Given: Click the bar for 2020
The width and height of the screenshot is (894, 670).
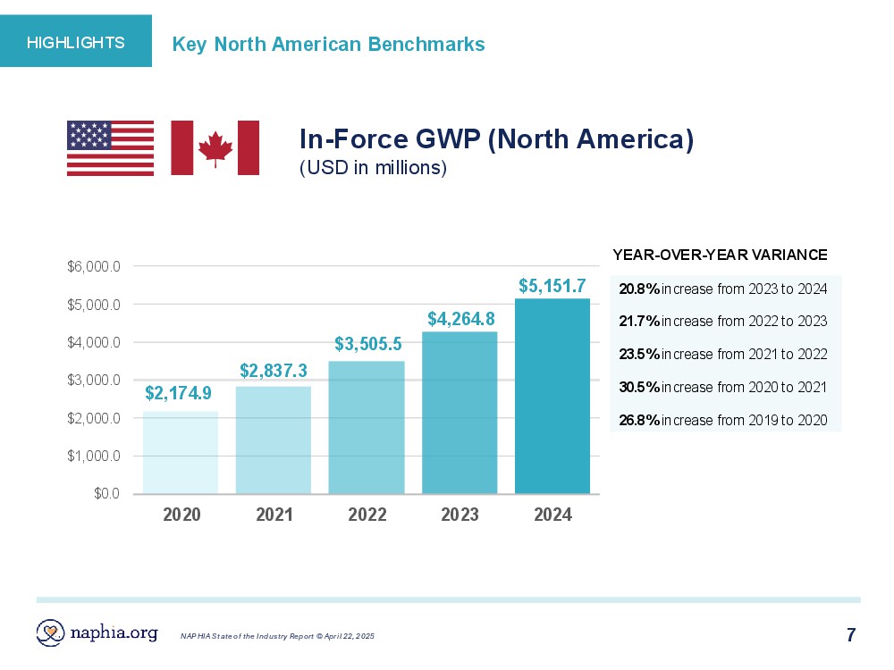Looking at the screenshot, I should coord(181,452).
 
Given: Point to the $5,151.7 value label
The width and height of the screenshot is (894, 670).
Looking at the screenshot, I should coord(552,286).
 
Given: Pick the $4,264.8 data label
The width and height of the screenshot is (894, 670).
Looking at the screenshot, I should coord(460,318).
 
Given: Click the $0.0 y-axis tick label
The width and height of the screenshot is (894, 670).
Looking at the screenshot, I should coord(107,494).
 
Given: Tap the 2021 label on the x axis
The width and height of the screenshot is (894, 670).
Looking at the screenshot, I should coord(274,515).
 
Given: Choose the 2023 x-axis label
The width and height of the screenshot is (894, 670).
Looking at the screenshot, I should coord(460,515).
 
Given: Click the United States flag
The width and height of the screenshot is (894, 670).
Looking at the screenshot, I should coord(110,147).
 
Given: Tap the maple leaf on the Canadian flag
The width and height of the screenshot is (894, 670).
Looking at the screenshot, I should coord(215,148).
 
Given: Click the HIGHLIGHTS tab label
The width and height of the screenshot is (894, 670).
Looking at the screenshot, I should coord(76,42).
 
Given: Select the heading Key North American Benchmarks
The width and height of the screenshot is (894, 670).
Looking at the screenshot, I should coord(328,44).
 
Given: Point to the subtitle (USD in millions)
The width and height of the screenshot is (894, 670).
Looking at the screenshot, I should coord(373,168).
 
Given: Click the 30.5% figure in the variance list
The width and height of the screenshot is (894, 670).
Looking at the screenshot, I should coord(639,387).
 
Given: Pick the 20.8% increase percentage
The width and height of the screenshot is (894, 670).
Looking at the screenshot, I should coord(639,289).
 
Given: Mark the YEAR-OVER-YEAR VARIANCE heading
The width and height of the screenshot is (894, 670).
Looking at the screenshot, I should coord(720,255).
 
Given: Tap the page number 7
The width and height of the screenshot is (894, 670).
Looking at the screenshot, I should coord(851,635).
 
